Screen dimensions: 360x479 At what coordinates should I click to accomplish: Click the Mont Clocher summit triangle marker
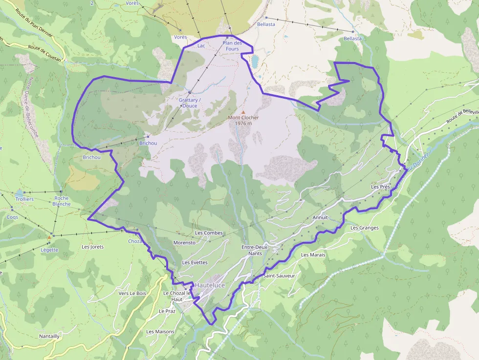click(243, 112)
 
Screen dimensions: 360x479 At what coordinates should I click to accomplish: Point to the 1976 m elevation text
click(243, 123)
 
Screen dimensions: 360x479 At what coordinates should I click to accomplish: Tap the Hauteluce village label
click(211, 284)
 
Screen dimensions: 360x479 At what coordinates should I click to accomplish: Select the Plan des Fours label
click(232, 46)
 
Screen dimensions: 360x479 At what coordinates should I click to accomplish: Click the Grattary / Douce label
click(188, 103)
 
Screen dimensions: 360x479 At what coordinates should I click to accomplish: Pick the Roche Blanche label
click(62, 201)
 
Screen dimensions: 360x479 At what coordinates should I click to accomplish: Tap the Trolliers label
click(24, 199)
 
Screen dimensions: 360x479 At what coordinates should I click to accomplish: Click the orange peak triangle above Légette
click(49, 238)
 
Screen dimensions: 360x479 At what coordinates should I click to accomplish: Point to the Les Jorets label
click(93, 247)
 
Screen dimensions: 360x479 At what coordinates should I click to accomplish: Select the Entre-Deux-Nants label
click(255, 250)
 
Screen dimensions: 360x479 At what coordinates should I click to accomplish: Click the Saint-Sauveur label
click(279, 276)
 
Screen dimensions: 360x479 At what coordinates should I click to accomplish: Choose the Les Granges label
click(364, 228)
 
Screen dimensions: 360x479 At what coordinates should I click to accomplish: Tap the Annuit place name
click(320, 217)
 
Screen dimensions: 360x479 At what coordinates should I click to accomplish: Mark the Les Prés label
click(381, 187)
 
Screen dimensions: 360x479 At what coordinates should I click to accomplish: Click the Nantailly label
click(49, 336)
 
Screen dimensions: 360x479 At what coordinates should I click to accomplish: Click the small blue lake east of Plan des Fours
click(255, 61)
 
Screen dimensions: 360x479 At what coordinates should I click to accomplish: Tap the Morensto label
click(184, 242)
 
